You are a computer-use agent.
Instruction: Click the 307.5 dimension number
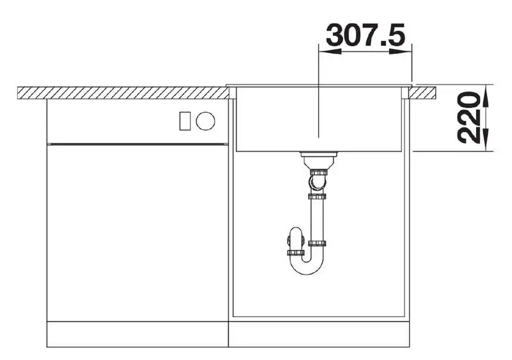365,35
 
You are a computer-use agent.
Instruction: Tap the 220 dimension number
469,119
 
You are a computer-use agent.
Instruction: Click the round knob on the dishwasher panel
205,121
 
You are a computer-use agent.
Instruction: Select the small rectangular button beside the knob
184,121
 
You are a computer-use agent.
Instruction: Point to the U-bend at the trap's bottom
307,265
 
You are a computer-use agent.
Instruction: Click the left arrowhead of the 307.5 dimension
330,51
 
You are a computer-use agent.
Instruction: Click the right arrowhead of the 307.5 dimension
401,51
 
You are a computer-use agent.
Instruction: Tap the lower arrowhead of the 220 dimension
486,140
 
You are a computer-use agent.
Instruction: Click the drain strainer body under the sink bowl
317,160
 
